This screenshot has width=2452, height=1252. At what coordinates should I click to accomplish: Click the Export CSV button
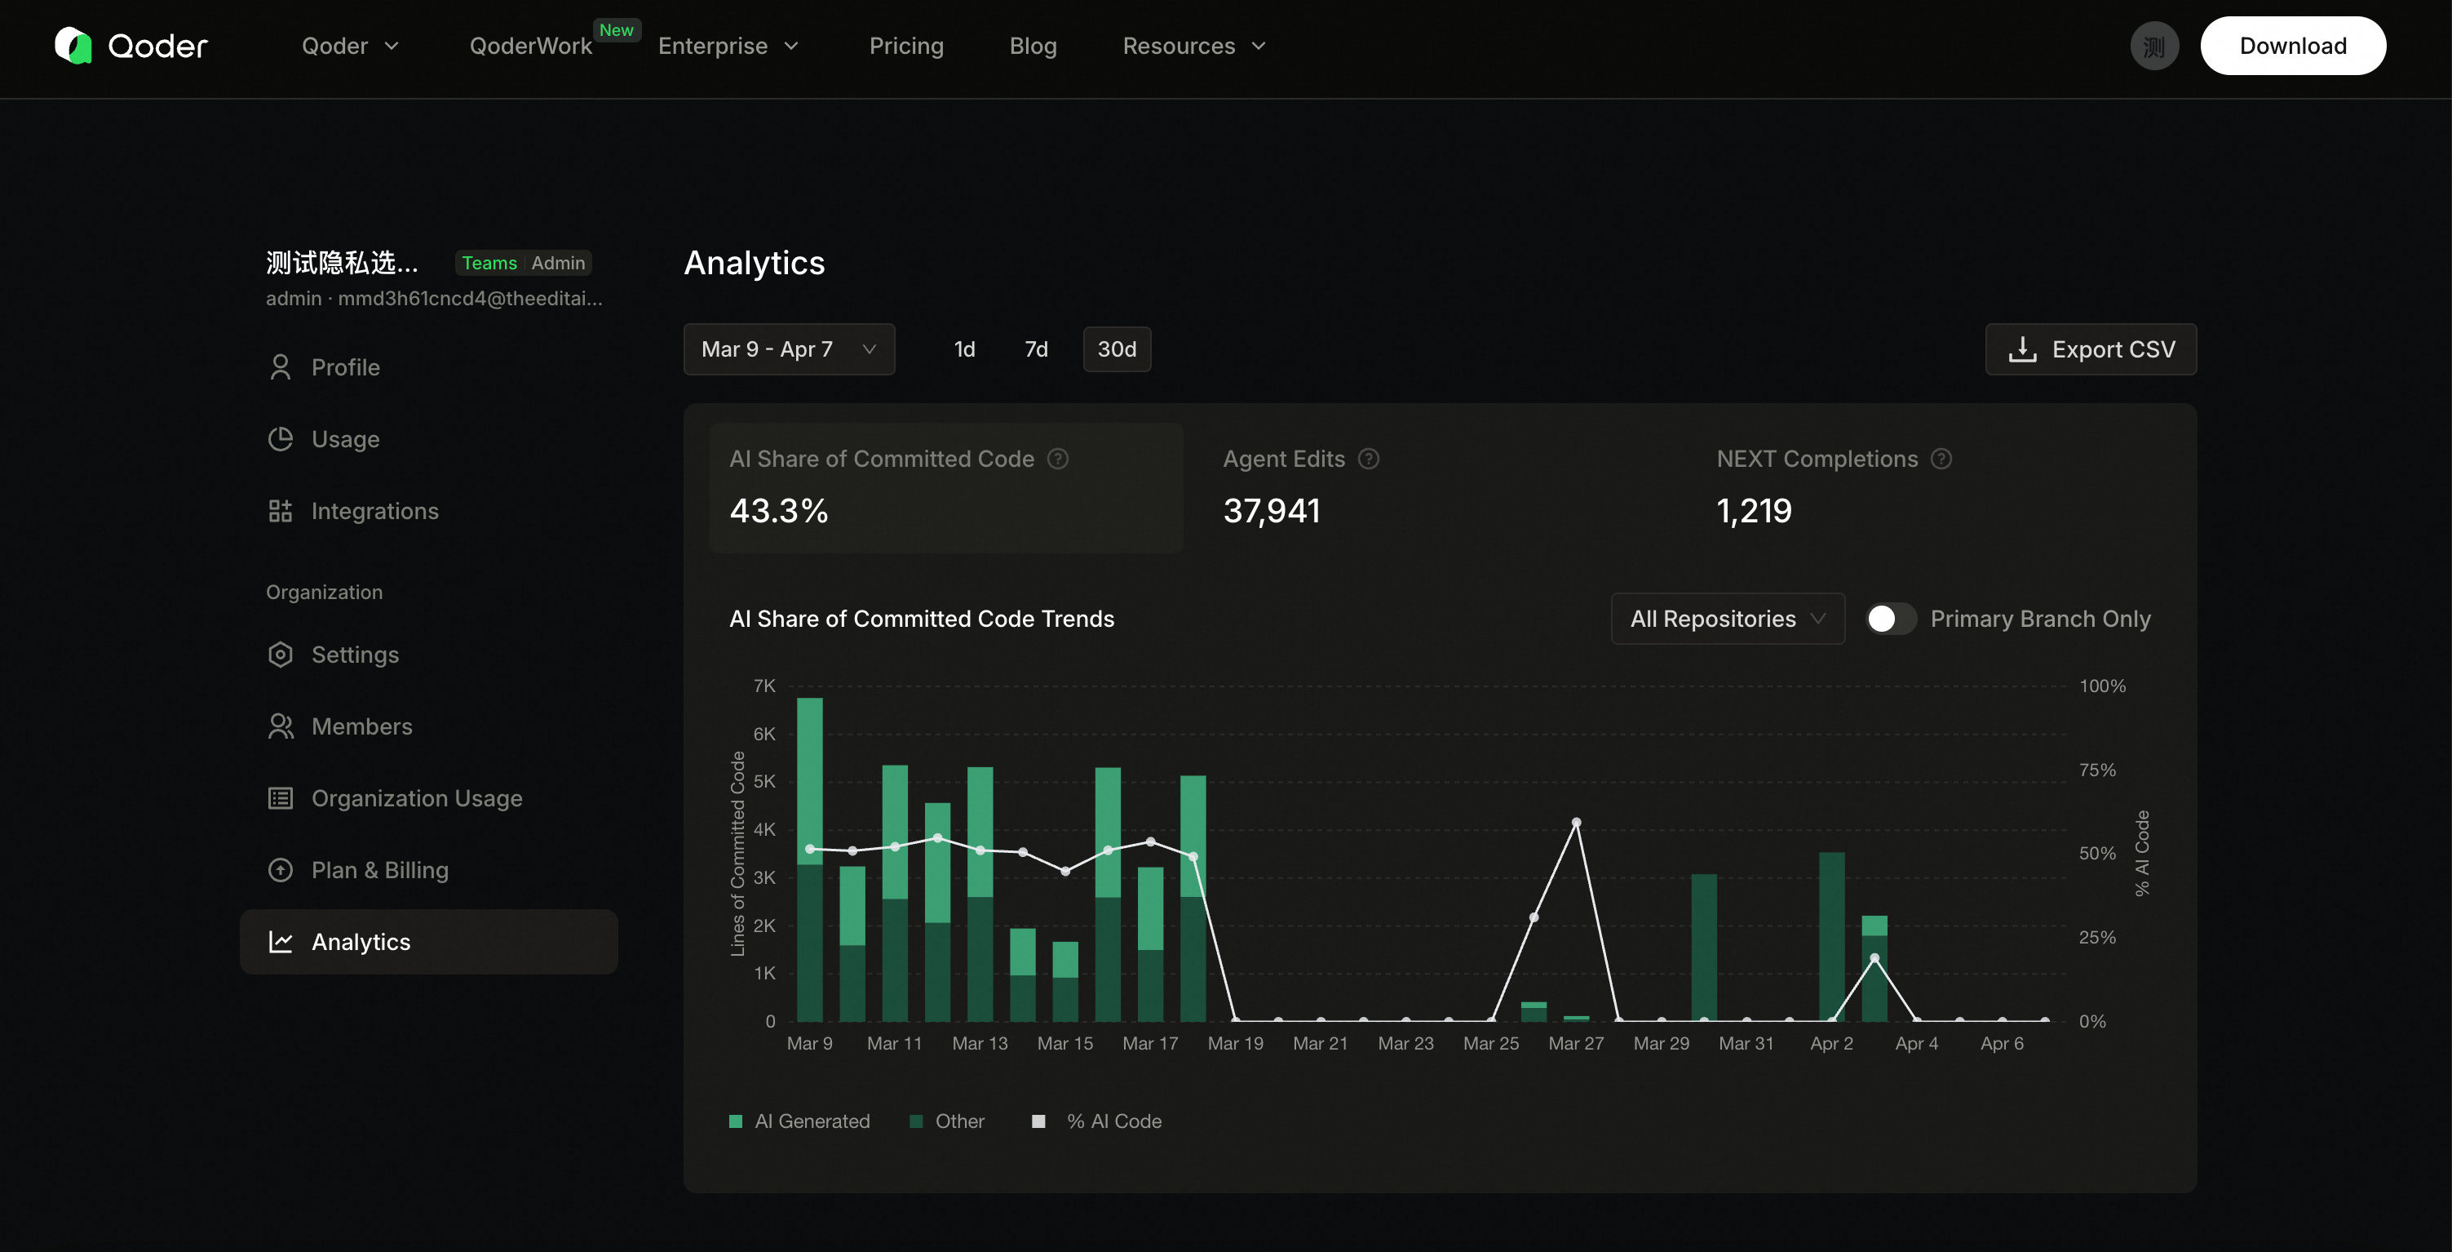click(2091, 349)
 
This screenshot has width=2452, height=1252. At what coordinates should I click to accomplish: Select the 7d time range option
click(1036, 349)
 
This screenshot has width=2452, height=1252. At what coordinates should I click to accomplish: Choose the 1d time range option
click(964, 349)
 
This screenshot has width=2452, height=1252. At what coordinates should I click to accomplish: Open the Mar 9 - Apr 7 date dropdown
click(789, 349)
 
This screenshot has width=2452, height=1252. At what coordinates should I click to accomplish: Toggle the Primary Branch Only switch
click(1891, 619)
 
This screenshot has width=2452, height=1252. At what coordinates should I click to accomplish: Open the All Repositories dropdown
click(1728, 619)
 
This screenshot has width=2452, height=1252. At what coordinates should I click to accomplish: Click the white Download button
click(2292, 46)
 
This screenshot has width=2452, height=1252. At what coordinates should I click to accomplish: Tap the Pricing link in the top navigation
click(906, 46)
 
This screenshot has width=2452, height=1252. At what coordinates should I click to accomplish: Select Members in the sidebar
click(361, 726)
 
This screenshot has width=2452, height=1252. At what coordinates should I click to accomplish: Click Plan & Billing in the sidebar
click(380, 870)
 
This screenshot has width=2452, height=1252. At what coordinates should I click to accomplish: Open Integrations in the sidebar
click(375, 511)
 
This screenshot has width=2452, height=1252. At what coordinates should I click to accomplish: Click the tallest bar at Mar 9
click(810, 859)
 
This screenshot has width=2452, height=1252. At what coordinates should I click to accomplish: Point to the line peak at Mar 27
click(1576, 822)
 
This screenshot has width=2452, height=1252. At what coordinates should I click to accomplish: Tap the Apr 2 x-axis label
click(1831, 1044)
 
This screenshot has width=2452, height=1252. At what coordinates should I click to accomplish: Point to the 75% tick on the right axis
click(2098, 770)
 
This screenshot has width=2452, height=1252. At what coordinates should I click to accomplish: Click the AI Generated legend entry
click(799, 1121)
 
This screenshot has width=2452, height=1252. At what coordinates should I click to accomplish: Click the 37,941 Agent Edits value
click(1272, 511)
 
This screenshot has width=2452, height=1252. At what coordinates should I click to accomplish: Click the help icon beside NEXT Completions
click(1941, 459)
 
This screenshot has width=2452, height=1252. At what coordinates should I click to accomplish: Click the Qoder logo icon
click(73, 46)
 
